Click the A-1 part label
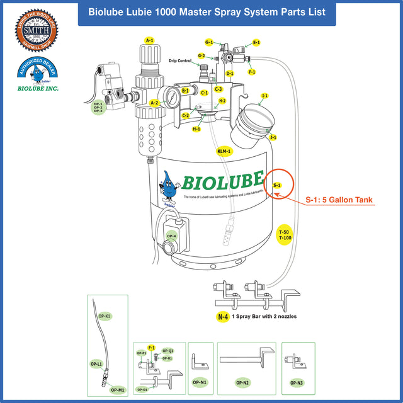point(149,40)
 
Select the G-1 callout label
point(209,42)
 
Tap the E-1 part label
point(256,42)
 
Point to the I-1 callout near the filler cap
point(265,96)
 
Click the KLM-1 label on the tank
point(224,151)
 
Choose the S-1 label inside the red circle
point(277,185)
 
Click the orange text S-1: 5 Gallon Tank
point(339,200)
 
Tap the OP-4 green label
point(171,236)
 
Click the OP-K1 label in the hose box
point(105,315)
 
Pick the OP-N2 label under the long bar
point(242,382)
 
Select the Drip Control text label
point(180,61)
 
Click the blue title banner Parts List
point(207,12)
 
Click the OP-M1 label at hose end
point(117,390)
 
